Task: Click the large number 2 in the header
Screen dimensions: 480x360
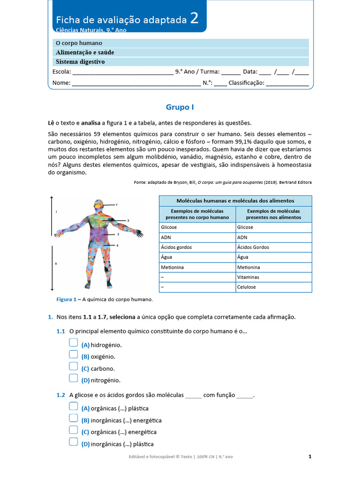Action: [194, 19]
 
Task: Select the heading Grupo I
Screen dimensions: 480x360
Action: [180, 107]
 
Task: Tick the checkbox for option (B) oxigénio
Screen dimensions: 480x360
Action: [73, 355]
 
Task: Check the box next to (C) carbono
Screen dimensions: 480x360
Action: [73, 367]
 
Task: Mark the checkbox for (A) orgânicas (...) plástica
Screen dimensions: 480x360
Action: [73, 407]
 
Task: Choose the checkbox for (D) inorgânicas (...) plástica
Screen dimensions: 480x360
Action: [73, 442]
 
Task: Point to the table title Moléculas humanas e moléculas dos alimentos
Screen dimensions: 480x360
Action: [235, 201]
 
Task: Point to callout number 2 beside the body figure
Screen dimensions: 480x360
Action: [128, 220]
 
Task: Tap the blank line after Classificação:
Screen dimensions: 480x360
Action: [287, 83]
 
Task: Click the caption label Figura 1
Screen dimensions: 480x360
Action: [66, 299]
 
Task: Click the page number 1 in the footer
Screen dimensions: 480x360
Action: [310, 456]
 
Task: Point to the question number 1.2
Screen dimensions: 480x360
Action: [60, 395]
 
